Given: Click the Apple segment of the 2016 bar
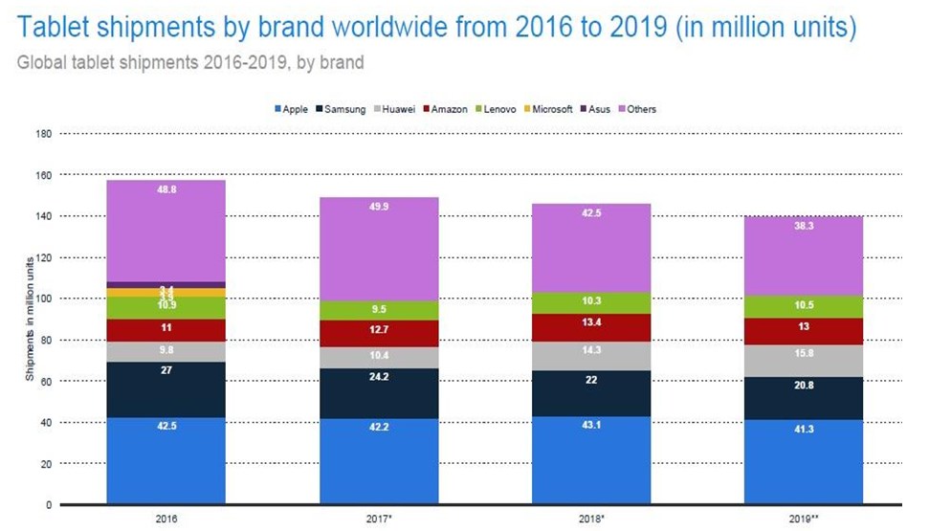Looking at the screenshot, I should click(x=166, y=460).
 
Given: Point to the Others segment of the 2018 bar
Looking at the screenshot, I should click(x=590, y=248).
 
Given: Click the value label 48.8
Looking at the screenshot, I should click(x=166, y=189).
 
